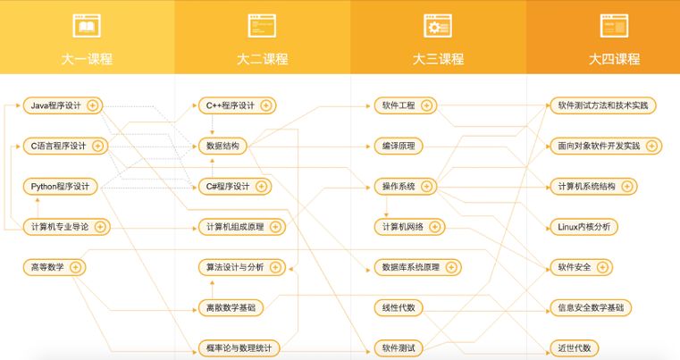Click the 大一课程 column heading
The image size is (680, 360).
tap(87, 60)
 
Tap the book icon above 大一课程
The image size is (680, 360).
tap(87, 26)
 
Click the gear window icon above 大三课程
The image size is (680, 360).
tap(437, 26)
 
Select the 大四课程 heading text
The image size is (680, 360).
tap(614, 60)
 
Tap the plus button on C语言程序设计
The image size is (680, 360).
tap(98, 146)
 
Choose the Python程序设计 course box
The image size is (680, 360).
tap(60, 187)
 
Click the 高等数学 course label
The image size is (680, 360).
tap(46, 266)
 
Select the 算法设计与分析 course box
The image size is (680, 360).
tap(235, 266)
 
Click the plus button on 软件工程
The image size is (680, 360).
tap(427, 105)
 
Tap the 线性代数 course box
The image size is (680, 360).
tap(397, 308)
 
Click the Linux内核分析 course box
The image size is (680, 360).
tap(583, 227)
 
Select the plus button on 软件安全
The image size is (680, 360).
tap(600, 266)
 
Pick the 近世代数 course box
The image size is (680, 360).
tap(574, 347)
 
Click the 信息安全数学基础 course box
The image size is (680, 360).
tap(590, 308)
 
